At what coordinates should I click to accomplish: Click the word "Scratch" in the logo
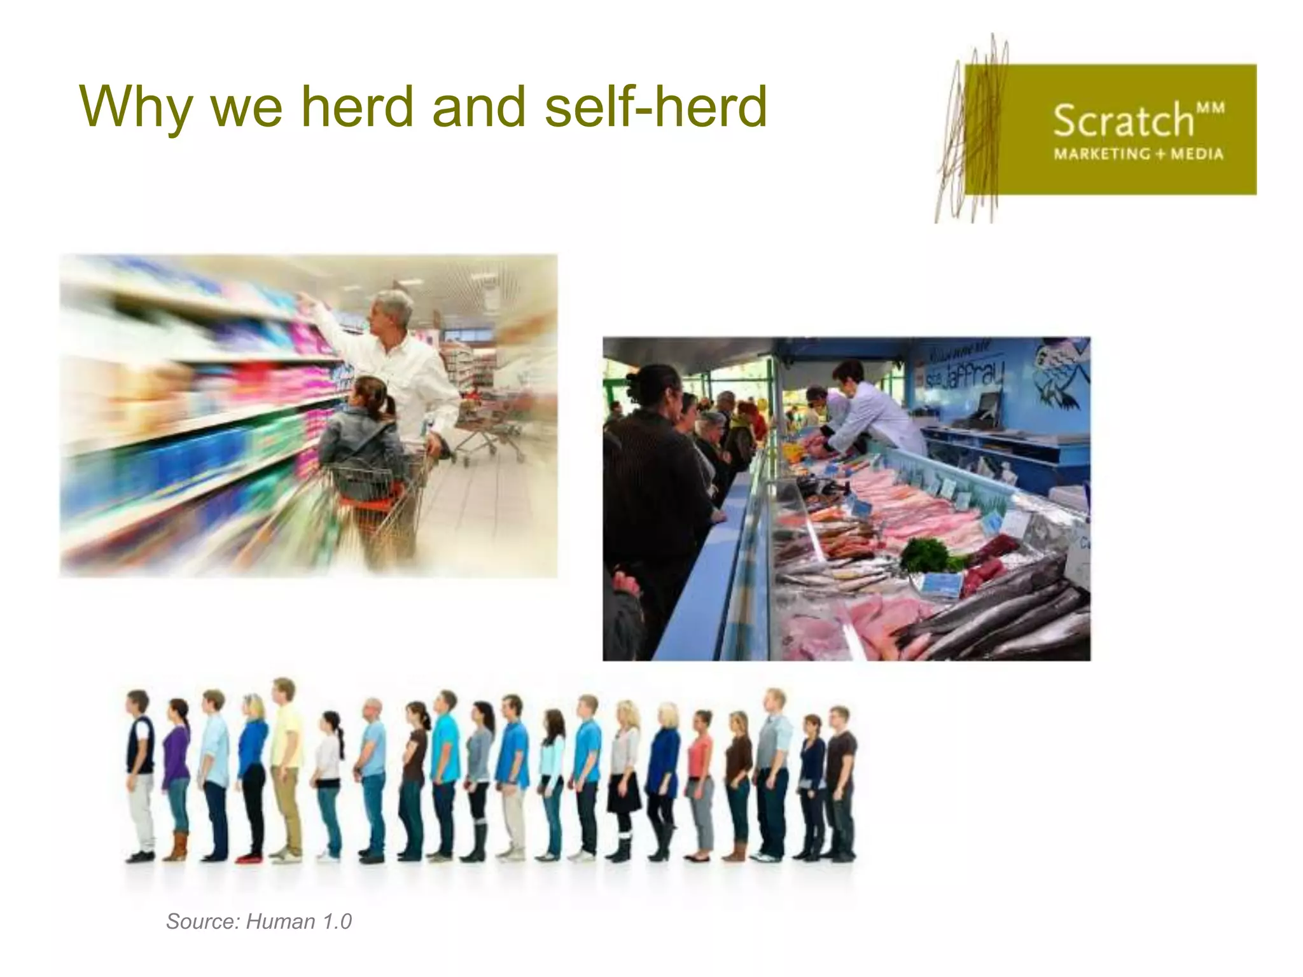[1123, 120]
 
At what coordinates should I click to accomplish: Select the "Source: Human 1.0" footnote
[258, 922]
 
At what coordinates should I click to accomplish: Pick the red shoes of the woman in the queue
[248, 858]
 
